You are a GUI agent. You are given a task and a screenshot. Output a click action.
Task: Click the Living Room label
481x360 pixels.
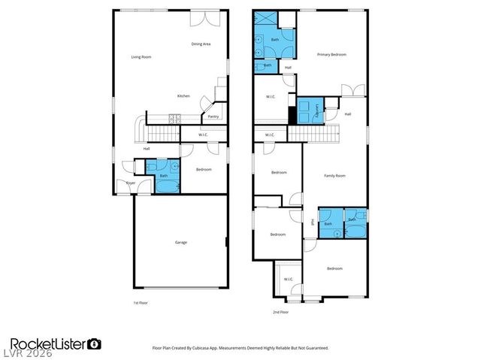click(x=141, y=57)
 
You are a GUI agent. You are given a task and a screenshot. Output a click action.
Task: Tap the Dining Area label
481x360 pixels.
click(x=201, y=44)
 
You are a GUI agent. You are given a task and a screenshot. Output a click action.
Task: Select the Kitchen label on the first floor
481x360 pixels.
click(x=183, y=96)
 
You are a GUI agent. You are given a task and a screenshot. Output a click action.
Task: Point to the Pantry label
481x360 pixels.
click(x=213, y=116)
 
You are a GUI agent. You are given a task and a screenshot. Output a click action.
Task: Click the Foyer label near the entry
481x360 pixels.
click(x=130, y=183)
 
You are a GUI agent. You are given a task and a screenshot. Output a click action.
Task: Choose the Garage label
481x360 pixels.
click(x=181, y=242)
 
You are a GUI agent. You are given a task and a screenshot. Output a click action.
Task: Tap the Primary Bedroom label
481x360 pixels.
click(x=331, y=55)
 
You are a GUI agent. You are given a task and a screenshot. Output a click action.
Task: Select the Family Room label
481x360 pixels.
click(x=334, y=175)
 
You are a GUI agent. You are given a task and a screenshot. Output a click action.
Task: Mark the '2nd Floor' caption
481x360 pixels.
click(x=280, y=311)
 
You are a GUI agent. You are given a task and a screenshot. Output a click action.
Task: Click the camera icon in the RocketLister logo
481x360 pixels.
click(x=95, y=343)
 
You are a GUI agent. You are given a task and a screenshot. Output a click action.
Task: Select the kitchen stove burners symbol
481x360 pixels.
click(x=174, y=117)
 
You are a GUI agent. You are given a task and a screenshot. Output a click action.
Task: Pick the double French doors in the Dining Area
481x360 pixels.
click(x=200, y=17)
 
